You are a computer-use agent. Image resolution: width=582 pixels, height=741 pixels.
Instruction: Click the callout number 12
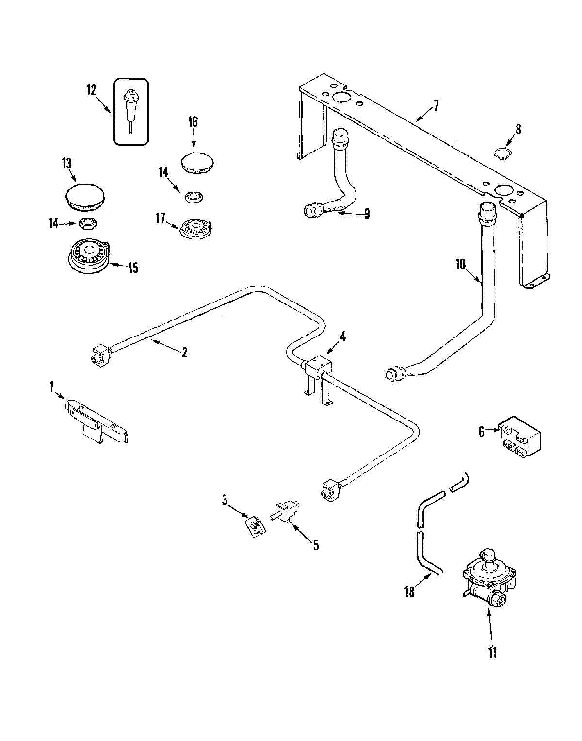(91, 90)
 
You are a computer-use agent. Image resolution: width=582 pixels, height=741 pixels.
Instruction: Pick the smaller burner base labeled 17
(197, 228)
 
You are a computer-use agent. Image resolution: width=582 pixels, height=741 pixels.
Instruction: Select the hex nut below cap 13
(87, 223)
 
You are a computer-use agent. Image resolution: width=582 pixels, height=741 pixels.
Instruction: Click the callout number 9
(367, 213)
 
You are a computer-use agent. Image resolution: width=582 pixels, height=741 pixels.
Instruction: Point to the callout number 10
(460, 264)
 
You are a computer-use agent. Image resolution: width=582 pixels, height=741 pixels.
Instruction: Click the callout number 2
(184, 353)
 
